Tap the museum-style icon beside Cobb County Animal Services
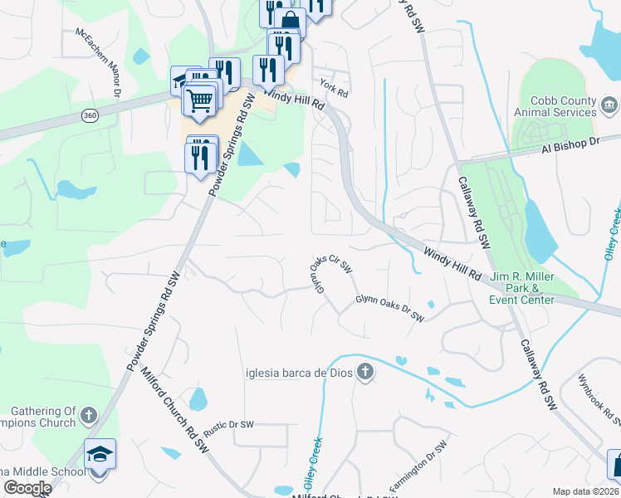pyautogui.click(x=609, y=105)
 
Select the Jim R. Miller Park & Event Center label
pyautogui.click(x=521, y=288)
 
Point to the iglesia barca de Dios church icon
pyautogui.click(x=364, y=373)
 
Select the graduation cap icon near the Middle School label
pyautogui.click(x=100, y=454)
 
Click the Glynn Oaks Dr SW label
pyautogui.click(x=389, y=308)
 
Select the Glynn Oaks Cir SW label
pyautogui.click(x=331, y=273)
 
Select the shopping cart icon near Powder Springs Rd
pyautogui.click(x=199, y=101)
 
